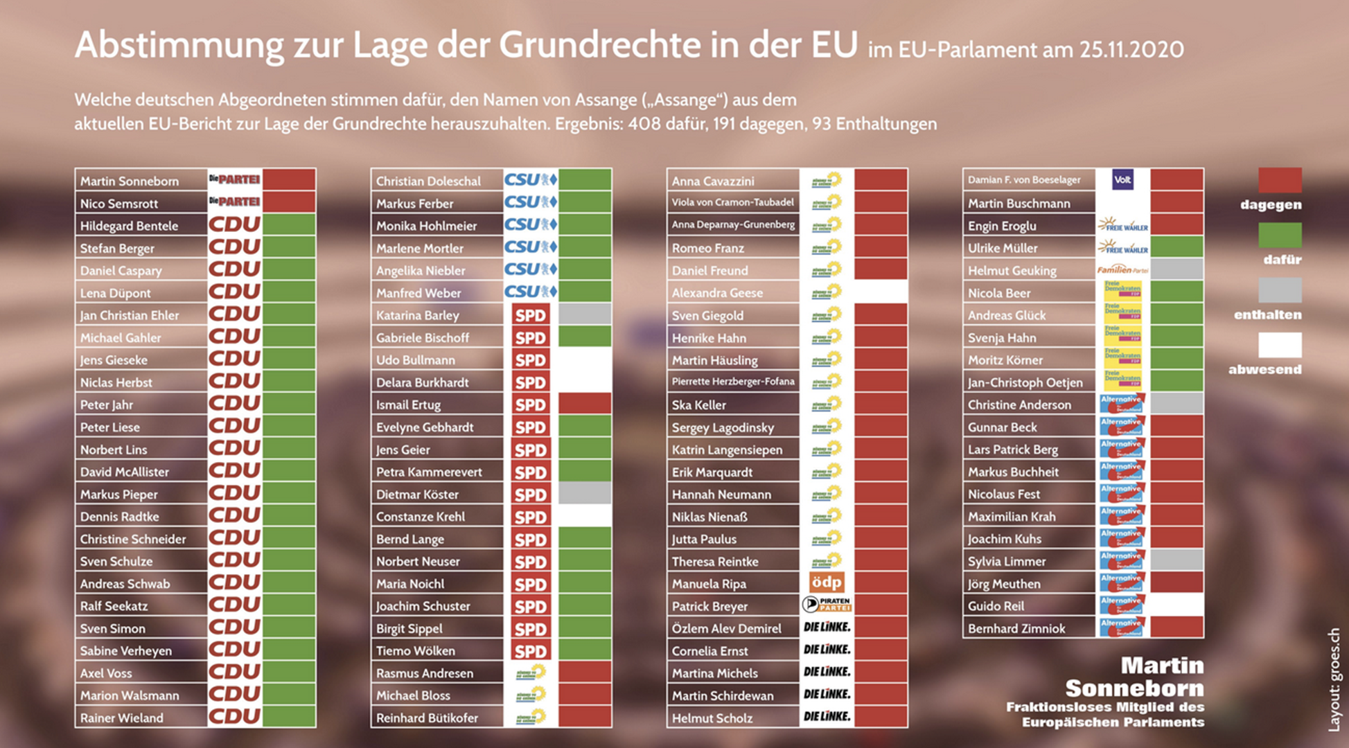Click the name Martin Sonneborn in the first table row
[130, 181]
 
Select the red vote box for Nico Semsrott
[289, 203]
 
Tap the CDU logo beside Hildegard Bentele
[235, 225]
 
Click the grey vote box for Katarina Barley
[585, 315]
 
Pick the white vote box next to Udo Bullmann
[585, 360]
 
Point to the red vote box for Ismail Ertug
[585, 404]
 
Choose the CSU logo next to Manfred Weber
[530, 292]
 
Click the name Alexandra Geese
[717, 293]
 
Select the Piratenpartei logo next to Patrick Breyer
[826, 605]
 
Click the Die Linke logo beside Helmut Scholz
[826, 718]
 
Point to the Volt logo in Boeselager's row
[1122, 180]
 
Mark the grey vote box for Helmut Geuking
[1176, 270]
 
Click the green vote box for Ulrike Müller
[1176, 248]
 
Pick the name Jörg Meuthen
[1004, 584]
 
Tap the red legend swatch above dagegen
[1280, 180]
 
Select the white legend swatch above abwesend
[1280, 345]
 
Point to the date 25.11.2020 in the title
[1131, 50]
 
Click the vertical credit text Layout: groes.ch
[1334, 679]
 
